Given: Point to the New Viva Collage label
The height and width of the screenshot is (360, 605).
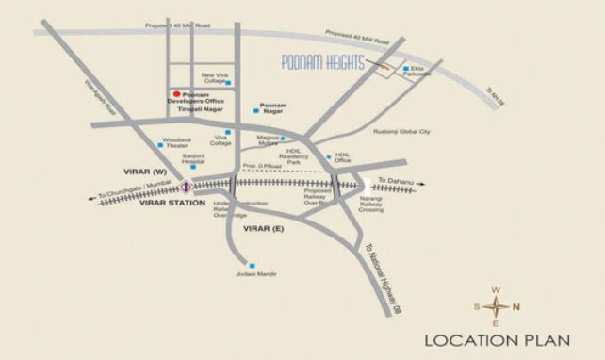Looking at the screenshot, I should pos(216,79).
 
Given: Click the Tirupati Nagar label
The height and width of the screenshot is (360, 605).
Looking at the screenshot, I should pos(199,110).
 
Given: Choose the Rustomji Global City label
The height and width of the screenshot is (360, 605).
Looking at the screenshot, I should pos(402,132).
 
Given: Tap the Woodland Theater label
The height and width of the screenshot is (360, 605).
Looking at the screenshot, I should pos(177,142).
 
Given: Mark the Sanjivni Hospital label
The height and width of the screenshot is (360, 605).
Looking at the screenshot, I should pos(193,160).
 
